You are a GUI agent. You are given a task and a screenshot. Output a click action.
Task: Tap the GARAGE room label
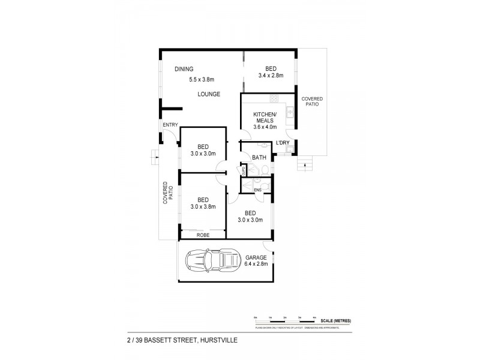point(255,257)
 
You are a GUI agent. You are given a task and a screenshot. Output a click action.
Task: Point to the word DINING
point(184,70)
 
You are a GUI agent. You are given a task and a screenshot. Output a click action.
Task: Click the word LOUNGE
point(210,94)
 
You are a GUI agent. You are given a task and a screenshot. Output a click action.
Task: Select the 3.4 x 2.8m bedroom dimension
point(270,76)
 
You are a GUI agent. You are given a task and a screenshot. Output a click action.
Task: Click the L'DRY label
point(283,143)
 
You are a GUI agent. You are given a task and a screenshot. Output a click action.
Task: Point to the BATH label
point(259,158)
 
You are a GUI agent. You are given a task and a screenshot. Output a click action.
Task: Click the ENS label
point(257,190)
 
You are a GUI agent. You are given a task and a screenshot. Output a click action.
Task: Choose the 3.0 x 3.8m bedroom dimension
point(202,207)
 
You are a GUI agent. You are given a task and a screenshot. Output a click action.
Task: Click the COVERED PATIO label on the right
point(310,101)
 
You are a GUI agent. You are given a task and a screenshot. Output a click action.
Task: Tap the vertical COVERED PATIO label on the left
point(168,194)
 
